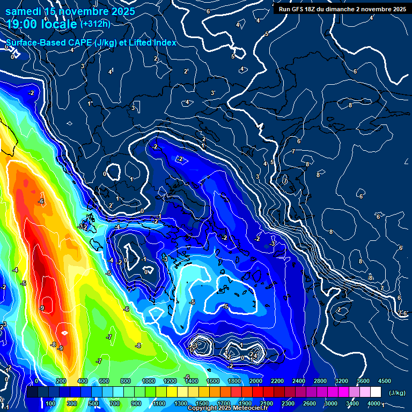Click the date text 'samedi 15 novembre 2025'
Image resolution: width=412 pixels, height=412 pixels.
coord(70,11)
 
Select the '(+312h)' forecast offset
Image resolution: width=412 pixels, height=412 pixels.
coord(95,24)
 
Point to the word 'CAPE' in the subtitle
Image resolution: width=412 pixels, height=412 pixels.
coord(80,42)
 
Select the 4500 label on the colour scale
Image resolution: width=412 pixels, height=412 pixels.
coord(384,380)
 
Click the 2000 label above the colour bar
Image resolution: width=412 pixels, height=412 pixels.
coord(255,380)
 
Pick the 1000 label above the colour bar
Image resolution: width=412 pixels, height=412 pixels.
coord(148,380)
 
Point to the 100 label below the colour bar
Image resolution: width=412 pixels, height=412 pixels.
coord(50,403)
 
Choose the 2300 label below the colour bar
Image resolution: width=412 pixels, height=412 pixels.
coord(288,403)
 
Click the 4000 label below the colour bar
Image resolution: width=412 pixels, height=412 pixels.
coord(374,403)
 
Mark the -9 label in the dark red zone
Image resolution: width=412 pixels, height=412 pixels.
coord(42,308)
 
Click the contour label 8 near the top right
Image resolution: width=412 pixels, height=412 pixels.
coord(350,105)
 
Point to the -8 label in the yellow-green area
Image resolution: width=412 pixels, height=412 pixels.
coord(138,345)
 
